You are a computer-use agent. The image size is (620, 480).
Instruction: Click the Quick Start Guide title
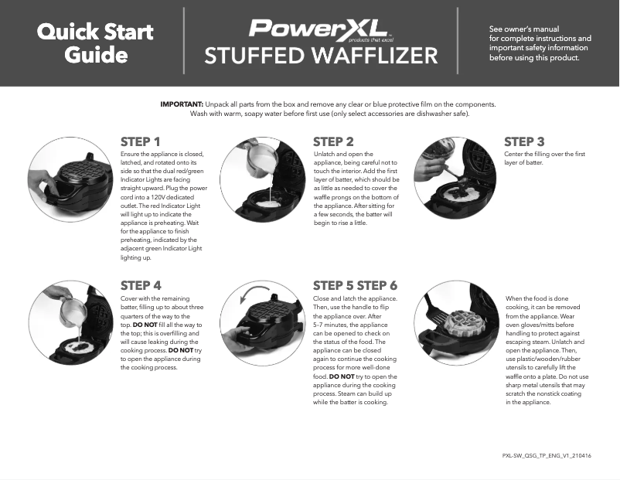(x=95, y=43)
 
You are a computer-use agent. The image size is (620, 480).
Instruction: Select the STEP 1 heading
(x=141, y=141)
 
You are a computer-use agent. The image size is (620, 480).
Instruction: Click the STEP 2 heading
(x=333, y=141)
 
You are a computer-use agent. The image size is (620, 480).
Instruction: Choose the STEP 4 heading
(x=141, y=285)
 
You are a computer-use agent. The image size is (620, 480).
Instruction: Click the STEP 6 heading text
(x=376, y=285)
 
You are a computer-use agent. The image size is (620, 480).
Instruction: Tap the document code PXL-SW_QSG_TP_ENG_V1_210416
(x=547, y=456)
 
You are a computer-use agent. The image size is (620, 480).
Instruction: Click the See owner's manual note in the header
(x=540, y=43)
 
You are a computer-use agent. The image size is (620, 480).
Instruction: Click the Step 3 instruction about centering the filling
(x=544, y=158)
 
